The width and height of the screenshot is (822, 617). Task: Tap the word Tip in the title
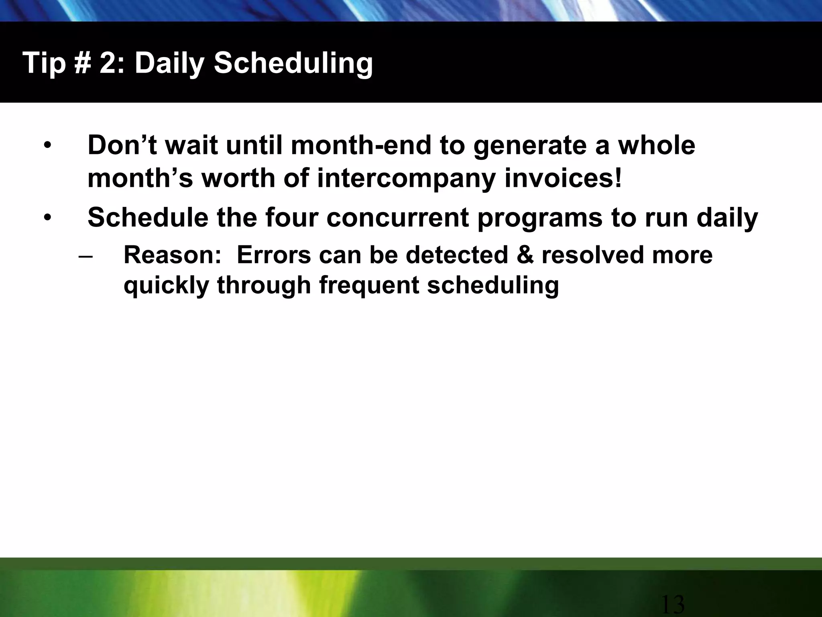coord(44,63)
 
